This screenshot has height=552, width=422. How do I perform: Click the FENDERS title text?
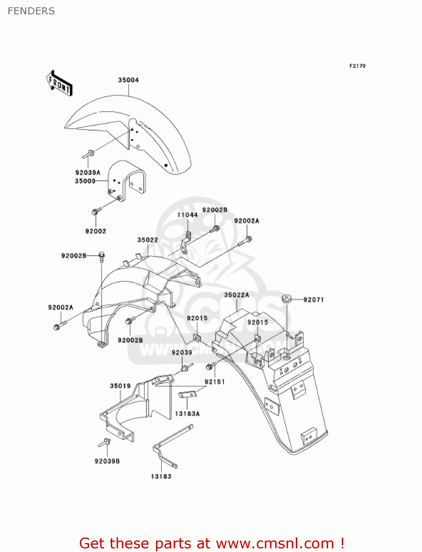[31, 11]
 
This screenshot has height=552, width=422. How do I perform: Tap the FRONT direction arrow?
[59, 84]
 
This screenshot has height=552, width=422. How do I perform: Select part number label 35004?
[128, 80]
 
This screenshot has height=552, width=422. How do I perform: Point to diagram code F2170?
[357, 66]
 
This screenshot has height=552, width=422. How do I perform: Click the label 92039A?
[88, 172]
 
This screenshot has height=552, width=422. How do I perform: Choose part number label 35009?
[85, 181]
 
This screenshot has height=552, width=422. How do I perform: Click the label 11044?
[187, 215]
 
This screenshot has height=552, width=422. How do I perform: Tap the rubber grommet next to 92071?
[287, 299]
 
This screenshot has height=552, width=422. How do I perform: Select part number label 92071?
[313, 300]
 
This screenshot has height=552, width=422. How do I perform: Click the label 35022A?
[236, 295]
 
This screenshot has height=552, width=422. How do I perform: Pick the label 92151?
[214, 382]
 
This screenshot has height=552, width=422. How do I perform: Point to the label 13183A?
[187, 414]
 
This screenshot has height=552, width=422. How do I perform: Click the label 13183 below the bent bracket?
[161, 476]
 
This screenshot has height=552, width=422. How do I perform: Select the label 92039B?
[107, 461]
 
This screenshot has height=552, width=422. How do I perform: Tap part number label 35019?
[120, 386]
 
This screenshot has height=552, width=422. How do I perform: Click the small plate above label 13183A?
[187, 394]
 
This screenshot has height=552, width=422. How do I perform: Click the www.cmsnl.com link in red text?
[275, 543]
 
